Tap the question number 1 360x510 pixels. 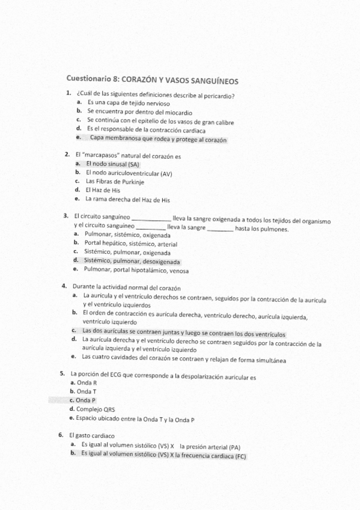pyautogui.click(x=69, y=93)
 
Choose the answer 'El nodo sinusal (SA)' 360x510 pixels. pyautogui.click(x=112, y=164)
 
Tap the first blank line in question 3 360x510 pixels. pyautogui.click(x=150, y=218)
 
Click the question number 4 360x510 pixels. pyautogui.click(x=64, y=287)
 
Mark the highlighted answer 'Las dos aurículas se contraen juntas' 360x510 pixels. pyautogui.click(x=183, y=333)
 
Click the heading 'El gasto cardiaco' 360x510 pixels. pyautogui.click(x=93, y=435)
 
